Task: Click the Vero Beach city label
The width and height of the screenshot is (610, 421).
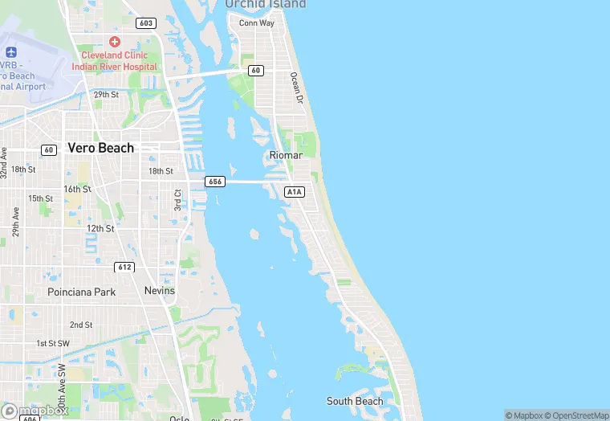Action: point(101,148)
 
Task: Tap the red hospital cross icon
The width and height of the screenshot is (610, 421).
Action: point(114,41)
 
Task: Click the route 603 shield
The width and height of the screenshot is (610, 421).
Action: point(145,22)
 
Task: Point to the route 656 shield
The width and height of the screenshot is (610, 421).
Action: point(213,182)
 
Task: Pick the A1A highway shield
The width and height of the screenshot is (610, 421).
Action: point(294,191)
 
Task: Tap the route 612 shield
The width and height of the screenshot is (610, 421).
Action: point(124,267)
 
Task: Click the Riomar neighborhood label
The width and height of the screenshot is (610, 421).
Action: point(286,155)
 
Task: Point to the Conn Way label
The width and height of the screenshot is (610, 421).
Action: point(257,22)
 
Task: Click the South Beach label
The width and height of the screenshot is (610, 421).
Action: point(355,401)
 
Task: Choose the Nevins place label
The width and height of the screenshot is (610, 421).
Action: point(159,290)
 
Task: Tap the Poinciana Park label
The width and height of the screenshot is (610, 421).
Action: point(81,292)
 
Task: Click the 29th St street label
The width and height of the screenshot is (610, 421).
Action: point(106,95)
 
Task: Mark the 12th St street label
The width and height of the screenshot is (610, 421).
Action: point(101,228)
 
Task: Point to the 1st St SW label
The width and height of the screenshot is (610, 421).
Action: point(53,343)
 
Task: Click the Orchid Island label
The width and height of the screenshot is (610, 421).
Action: point(266,5)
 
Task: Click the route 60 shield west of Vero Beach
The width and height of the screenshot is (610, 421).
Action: point(49,149)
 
